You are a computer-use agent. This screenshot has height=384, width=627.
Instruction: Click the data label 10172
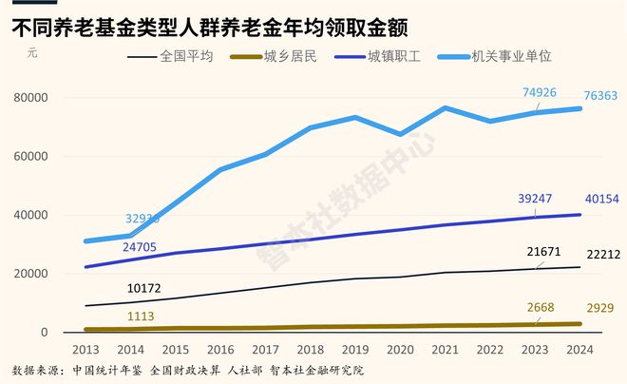(142, 287)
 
